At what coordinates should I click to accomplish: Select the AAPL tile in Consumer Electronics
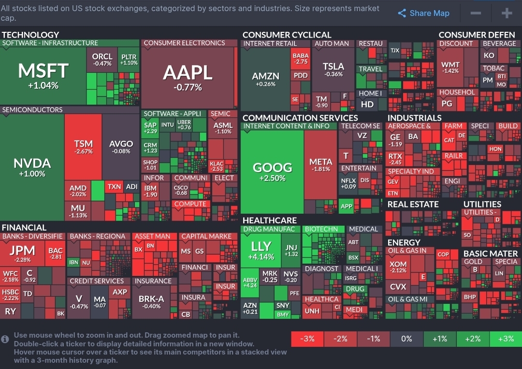[x=188, y=76]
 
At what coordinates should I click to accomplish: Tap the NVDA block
[x=32, y=166]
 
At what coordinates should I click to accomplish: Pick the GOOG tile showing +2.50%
[x=273, y=171]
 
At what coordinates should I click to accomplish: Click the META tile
[x=320, y=164]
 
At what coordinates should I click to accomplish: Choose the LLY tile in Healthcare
[x=261, y=250]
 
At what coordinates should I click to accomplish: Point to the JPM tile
[x=22, y=253]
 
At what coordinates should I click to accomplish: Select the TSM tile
[x=83, y=147]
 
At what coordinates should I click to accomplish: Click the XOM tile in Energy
[x=398, y=266]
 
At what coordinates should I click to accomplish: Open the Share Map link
[x=423, y=14]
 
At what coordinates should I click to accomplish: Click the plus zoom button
[x=507, y=14]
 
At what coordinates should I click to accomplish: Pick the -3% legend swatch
[x=307, y=339]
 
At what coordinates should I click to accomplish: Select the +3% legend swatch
[x=506, y=339]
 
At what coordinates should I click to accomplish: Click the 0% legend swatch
[x=406, y=339]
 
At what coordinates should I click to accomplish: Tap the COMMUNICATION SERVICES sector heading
[x=300, y=118]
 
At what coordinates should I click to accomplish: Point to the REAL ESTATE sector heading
[x=413, y=204]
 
